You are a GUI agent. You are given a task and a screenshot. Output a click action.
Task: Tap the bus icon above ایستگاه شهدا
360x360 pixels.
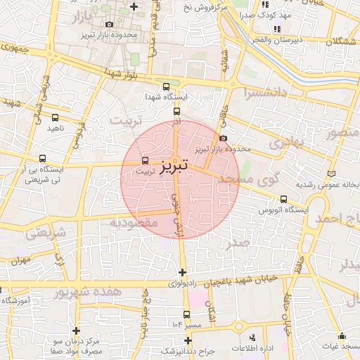tap(166, 87)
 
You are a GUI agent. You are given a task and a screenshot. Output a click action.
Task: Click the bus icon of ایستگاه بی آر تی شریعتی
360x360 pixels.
tap(44, 159)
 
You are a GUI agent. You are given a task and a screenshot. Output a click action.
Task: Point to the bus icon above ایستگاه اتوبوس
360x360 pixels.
tap(283, 200)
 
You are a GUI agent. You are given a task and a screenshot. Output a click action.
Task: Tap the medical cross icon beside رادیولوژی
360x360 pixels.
tap(183, 272)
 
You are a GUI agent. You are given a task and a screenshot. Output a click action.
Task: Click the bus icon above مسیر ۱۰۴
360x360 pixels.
tap(186, 315)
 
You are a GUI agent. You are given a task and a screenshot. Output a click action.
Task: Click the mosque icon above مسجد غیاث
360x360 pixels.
tap(342, 336)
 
